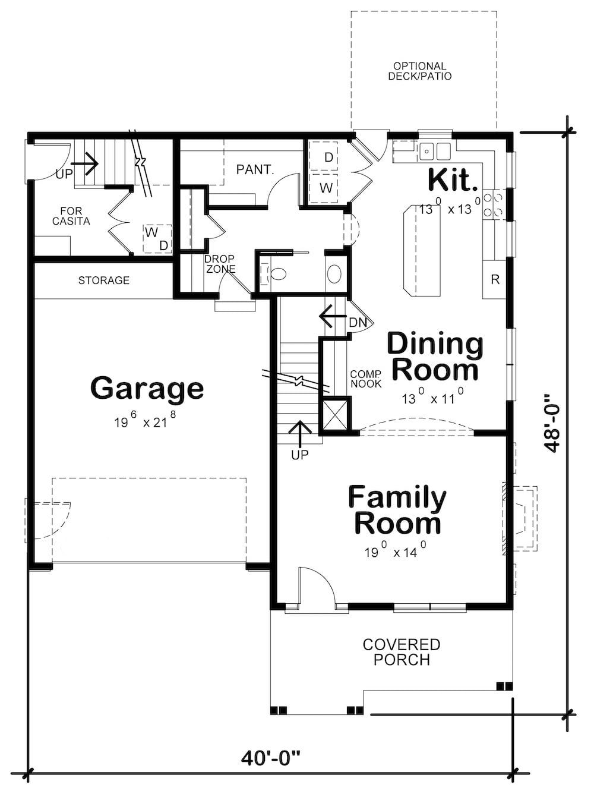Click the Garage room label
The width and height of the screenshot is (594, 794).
(x=147, y=388)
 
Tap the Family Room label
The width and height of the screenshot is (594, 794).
(x=397, y=511)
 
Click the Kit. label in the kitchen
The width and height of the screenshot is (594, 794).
(x=453, y=180)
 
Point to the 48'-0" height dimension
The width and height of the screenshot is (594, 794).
(x=554, y=421)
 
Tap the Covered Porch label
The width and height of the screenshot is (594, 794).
(x=402, y=652)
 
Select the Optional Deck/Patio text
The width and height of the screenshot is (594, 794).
(x=419, y=71)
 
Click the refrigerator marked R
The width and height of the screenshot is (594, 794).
(x=495, y=279)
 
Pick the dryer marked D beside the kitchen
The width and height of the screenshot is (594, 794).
(x=328, y=157)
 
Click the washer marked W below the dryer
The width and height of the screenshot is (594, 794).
(x=326, y=188)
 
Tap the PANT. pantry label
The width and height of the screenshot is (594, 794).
(x=255, y=170)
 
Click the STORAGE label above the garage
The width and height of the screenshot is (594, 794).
(x=103, y=281)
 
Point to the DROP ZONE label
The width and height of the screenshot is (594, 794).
(x=220, y=264)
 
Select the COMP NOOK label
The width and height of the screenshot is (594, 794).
(x=366, y=379)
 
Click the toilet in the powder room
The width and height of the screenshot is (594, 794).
(x=276, y=274)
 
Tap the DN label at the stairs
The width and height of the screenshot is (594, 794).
(x=358, y=323)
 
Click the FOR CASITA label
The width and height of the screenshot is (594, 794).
(x=71, y=216)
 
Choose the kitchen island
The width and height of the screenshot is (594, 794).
(x=422, y=250)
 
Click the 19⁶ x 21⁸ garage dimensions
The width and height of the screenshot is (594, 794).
(x=145, y=423)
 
